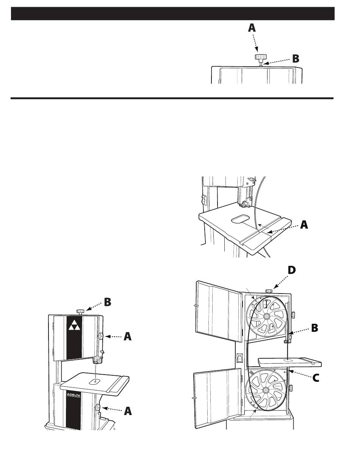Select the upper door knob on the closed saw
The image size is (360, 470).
pos(101,336)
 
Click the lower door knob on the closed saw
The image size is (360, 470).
pos(97,408)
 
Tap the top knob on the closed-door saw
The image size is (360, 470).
pos(80,311)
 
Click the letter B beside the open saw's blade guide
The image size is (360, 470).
pos(315,328)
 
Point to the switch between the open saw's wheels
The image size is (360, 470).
pos(239,358)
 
